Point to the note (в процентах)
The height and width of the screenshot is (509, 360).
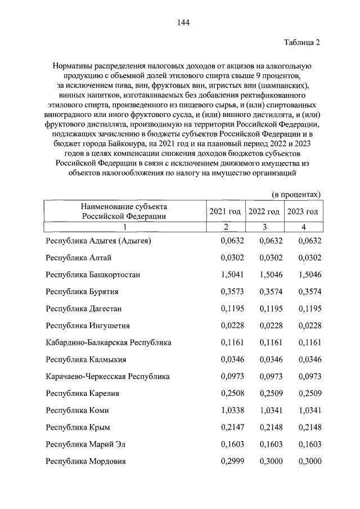coord(296,194)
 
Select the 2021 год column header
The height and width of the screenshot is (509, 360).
coord(225,211)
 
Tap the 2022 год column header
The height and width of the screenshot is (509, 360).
coord(264,211)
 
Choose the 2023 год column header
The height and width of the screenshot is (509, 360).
coord(303,211)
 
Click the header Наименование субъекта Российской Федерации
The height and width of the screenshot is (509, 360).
coord(124,211)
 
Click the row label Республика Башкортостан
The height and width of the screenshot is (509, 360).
coord(93,274)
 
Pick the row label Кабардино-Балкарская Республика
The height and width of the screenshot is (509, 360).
coord(109,342)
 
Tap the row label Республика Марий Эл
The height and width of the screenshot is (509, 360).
coord(85,444)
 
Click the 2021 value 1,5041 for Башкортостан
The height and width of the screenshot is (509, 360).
coord(229,274)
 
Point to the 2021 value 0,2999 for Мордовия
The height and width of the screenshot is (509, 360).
coord(229,461)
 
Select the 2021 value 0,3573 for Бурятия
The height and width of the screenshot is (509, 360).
coord(229,291)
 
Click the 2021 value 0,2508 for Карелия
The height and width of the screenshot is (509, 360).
coord(229,393)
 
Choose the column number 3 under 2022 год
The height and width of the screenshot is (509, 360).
coord(264,227)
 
